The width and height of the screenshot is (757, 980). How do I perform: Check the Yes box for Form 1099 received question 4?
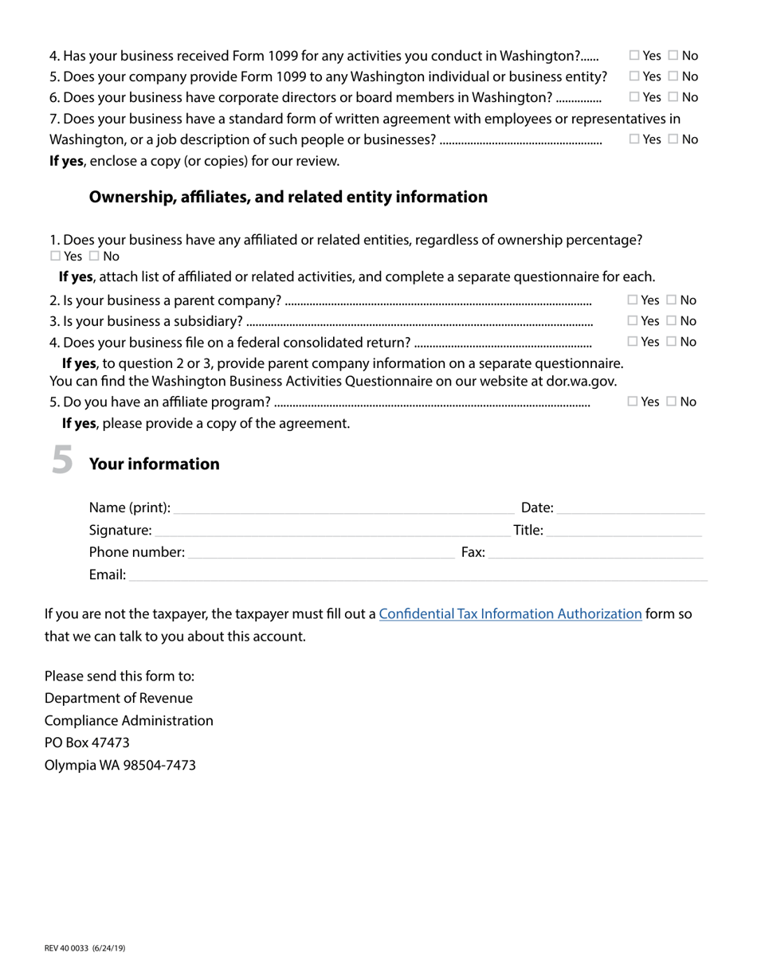634,56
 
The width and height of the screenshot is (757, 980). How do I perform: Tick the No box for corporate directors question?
673,97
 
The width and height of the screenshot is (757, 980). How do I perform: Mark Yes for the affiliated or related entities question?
55,257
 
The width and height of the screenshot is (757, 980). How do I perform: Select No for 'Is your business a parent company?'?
672,300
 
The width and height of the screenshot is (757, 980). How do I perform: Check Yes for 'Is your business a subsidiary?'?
633,321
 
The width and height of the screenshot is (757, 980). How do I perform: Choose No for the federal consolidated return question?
672,342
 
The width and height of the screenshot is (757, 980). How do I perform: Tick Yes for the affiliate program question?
633,402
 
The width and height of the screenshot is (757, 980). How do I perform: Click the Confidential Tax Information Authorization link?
510,613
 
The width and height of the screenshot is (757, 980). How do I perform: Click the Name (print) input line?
343,509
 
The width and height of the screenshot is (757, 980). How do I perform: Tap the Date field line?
630,509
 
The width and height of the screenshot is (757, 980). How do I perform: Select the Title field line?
624,531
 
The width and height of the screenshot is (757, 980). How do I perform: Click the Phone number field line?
320,554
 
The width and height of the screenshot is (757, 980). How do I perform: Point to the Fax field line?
594,554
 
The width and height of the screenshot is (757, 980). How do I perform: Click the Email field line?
418,576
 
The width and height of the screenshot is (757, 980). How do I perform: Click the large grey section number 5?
62,461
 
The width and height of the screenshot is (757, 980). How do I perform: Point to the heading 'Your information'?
154,465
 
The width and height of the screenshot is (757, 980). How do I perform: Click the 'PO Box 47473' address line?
87,743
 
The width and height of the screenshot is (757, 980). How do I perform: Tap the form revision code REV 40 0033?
84,948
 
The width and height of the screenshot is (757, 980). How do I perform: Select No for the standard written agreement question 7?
673,139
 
